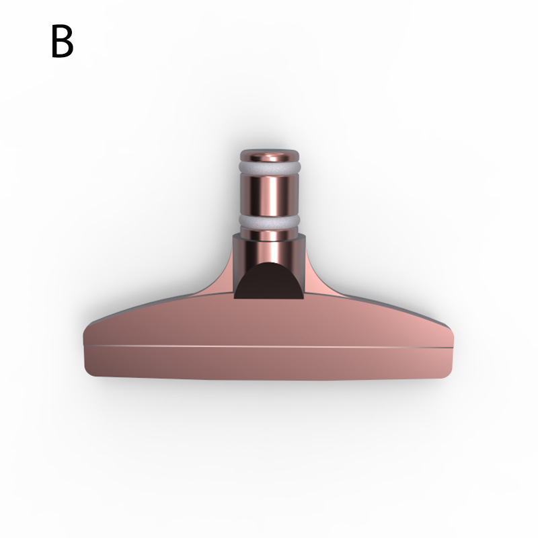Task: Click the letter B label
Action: [62, 41]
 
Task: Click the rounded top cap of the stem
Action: [270, 156]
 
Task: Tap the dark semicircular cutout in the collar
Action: [269, 281]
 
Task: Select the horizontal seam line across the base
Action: [269, 346]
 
